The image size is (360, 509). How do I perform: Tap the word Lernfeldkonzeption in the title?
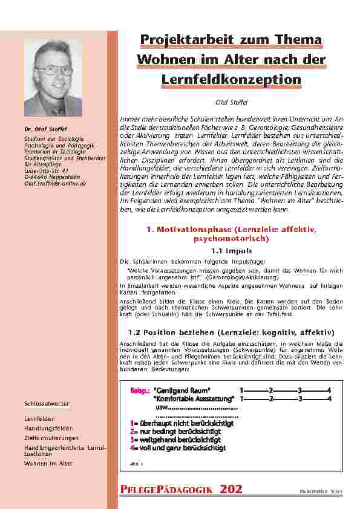231,79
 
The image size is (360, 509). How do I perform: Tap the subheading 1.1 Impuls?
232,250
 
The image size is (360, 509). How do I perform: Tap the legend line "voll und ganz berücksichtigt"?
180,448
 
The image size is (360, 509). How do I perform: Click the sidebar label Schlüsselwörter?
47,403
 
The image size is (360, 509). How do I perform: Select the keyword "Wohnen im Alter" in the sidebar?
48,463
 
